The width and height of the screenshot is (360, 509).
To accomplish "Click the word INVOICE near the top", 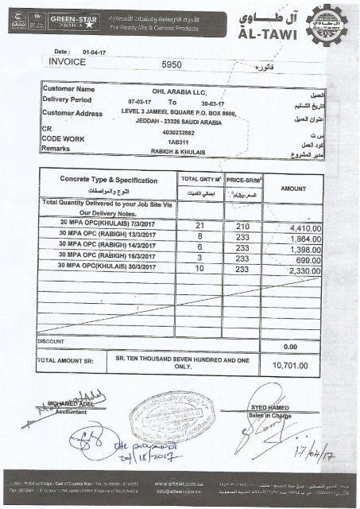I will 67,60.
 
